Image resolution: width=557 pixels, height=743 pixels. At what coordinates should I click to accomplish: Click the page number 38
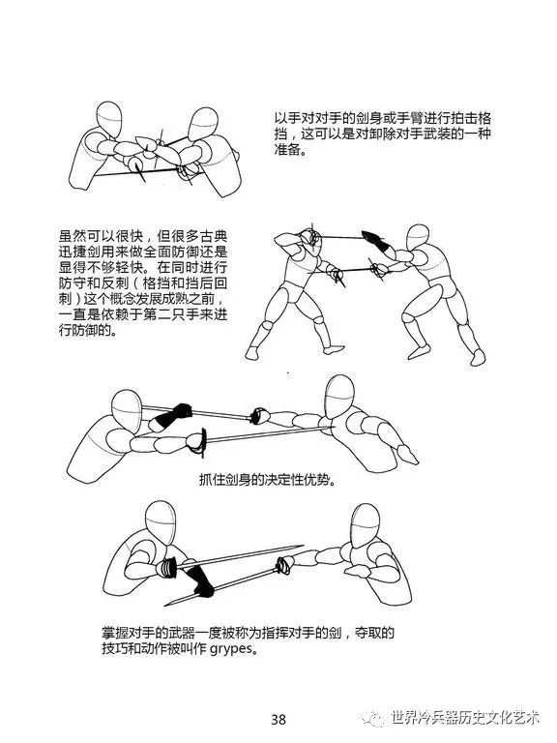[x=278, y=720]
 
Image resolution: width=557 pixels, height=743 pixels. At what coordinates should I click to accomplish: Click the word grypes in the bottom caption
[x=231, y=648]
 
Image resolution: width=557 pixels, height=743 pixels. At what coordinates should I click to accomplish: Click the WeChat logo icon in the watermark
[x=373, y=718]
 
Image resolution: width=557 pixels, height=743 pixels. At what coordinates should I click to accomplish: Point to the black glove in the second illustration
[x=374, y=239]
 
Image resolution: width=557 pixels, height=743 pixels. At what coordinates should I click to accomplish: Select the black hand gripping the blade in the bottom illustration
[x=198, y=580]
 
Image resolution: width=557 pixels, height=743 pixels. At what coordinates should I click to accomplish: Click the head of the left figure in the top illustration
[x=109, y=119]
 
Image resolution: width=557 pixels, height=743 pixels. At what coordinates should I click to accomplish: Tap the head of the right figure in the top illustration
[x=203, y=124]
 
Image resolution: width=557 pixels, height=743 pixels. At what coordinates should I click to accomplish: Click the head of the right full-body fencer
[x=418, y=237]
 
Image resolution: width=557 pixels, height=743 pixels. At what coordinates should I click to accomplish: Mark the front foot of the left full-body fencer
[x=334, y=349]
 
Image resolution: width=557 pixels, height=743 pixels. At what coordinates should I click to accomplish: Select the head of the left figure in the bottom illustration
[x=161, y=522]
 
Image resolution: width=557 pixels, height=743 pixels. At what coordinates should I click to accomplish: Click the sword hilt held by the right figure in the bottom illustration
[x=284, y=565]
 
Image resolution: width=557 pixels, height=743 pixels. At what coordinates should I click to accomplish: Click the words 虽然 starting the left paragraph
[x=73, y=236]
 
